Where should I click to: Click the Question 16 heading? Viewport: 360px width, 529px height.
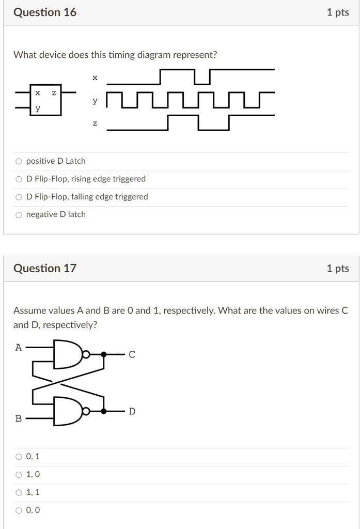(45, 12)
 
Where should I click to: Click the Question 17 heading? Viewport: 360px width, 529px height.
(45, 268)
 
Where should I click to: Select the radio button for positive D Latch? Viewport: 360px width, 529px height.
(19, 161)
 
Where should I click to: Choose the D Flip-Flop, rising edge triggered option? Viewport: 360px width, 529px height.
(19, 179)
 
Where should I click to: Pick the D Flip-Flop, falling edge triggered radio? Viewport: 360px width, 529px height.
(19, 197)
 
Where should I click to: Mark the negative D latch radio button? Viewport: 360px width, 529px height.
(19, 215)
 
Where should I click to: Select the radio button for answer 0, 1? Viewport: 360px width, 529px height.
(19, 457)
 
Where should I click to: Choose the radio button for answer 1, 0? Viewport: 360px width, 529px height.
(19, 475)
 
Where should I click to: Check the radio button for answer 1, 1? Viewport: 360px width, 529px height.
(19, 492)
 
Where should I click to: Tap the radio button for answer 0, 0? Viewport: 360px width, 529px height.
(19, 510)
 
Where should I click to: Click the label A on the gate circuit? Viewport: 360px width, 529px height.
(19, 348)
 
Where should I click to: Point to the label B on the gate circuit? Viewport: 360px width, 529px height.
(19, 418)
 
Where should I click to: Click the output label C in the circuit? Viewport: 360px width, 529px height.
(132, 354)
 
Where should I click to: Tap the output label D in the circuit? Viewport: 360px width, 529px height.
(132, 411)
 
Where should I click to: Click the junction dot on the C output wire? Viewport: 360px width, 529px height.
(104, 354)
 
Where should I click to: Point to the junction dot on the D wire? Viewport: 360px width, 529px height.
(104, 411)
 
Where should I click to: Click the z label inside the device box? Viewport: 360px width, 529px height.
(54, 93)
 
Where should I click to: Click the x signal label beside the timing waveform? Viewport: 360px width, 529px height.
(95, 78)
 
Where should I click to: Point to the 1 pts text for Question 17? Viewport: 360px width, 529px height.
(338, 268)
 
